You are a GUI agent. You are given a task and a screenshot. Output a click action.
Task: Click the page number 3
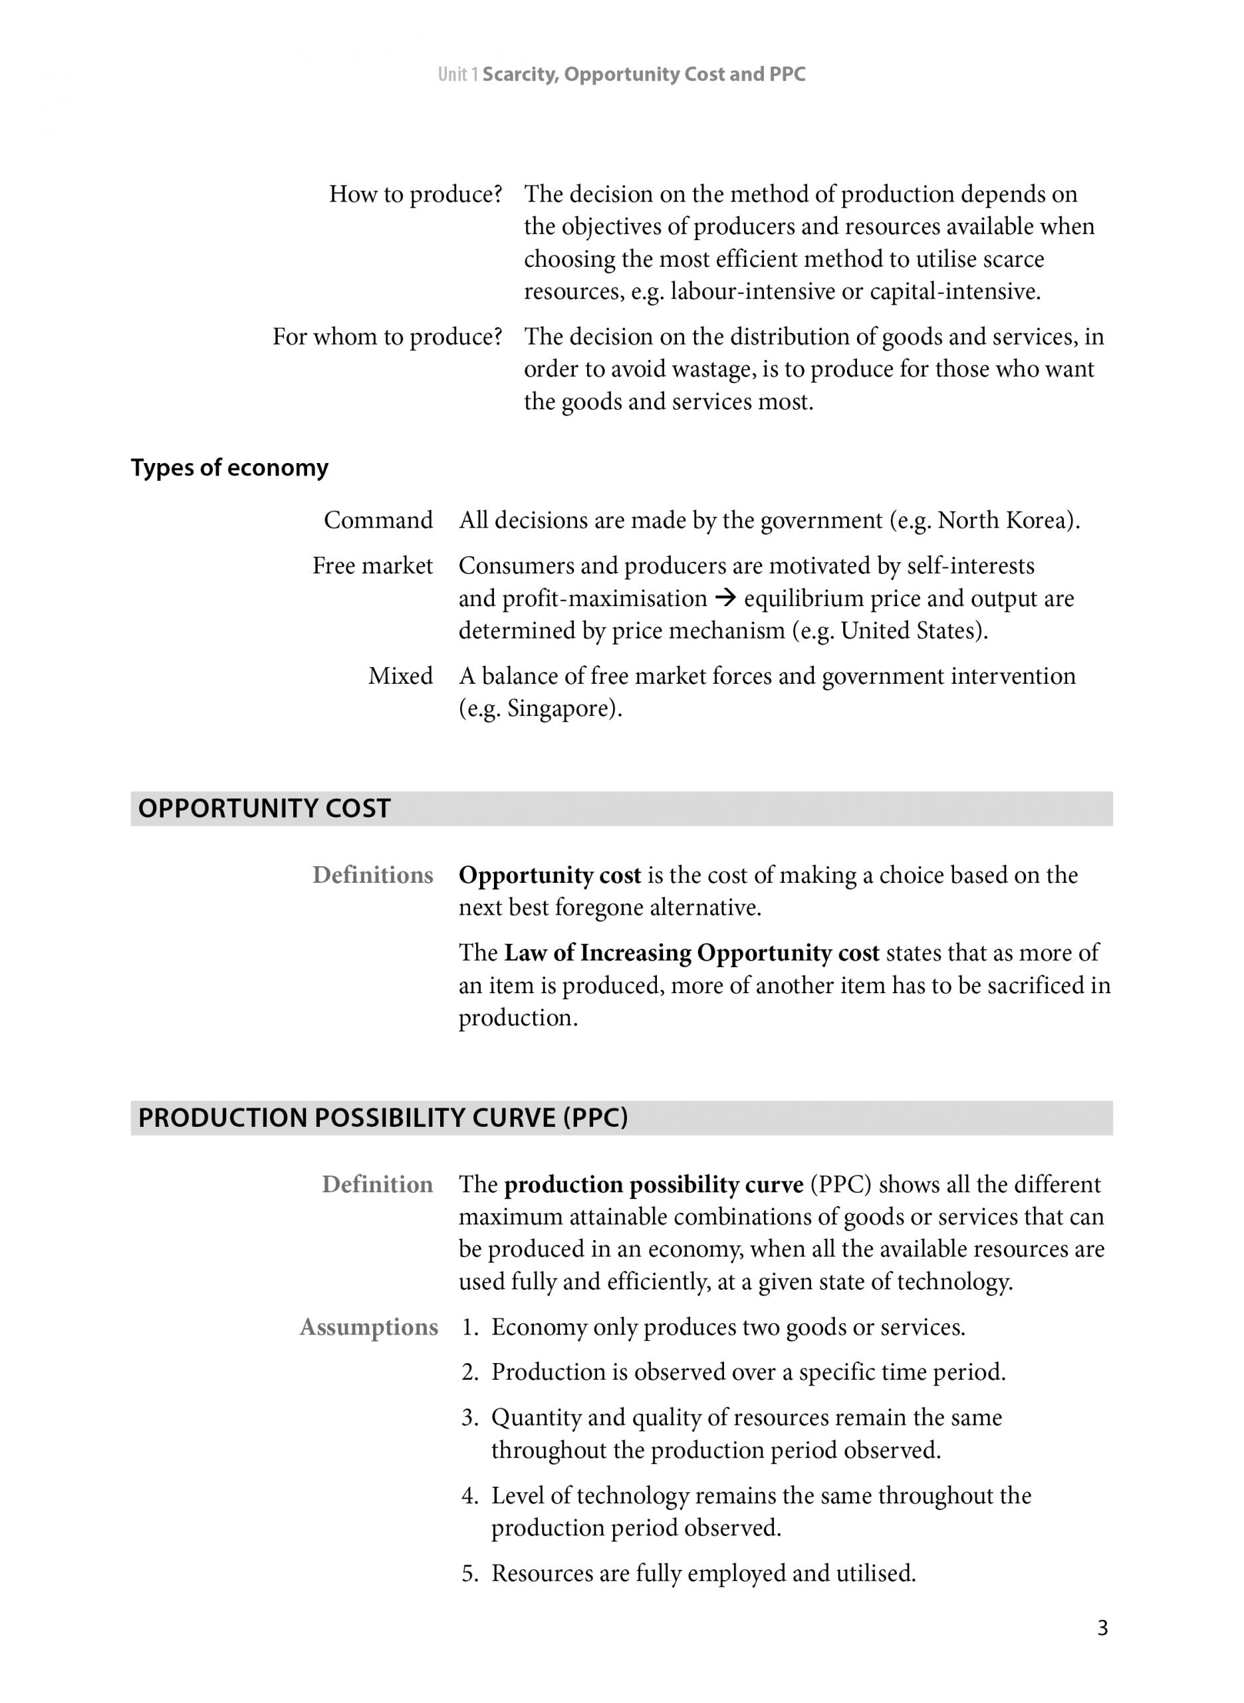1102,1628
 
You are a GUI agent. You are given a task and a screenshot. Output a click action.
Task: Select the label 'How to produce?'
415,194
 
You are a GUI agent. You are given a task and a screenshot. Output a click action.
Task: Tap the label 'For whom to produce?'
387,337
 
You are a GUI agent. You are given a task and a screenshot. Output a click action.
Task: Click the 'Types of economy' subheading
229,468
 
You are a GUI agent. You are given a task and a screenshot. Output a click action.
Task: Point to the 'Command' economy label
378,520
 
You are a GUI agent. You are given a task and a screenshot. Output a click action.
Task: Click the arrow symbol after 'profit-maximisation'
725,599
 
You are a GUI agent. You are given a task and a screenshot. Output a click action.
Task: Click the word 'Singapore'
561,708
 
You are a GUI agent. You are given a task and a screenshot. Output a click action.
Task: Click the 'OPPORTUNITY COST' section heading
265,808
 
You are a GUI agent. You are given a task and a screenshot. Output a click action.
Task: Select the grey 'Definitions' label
373,875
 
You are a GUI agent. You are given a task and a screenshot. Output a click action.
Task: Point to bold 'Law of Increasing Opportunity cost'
691,953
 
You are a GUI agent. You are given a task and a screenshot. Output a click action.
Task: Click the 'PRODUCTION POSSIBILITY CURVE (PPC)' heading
382,1118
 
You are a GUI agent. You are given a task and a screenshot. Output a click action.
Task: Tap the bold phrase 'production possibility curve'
653,1185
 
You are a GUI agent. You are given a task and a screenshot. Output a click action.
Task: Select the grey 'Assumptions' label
368,1327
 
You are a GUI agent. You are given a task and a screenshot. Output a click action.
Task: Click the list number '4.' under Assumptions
470,1496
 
